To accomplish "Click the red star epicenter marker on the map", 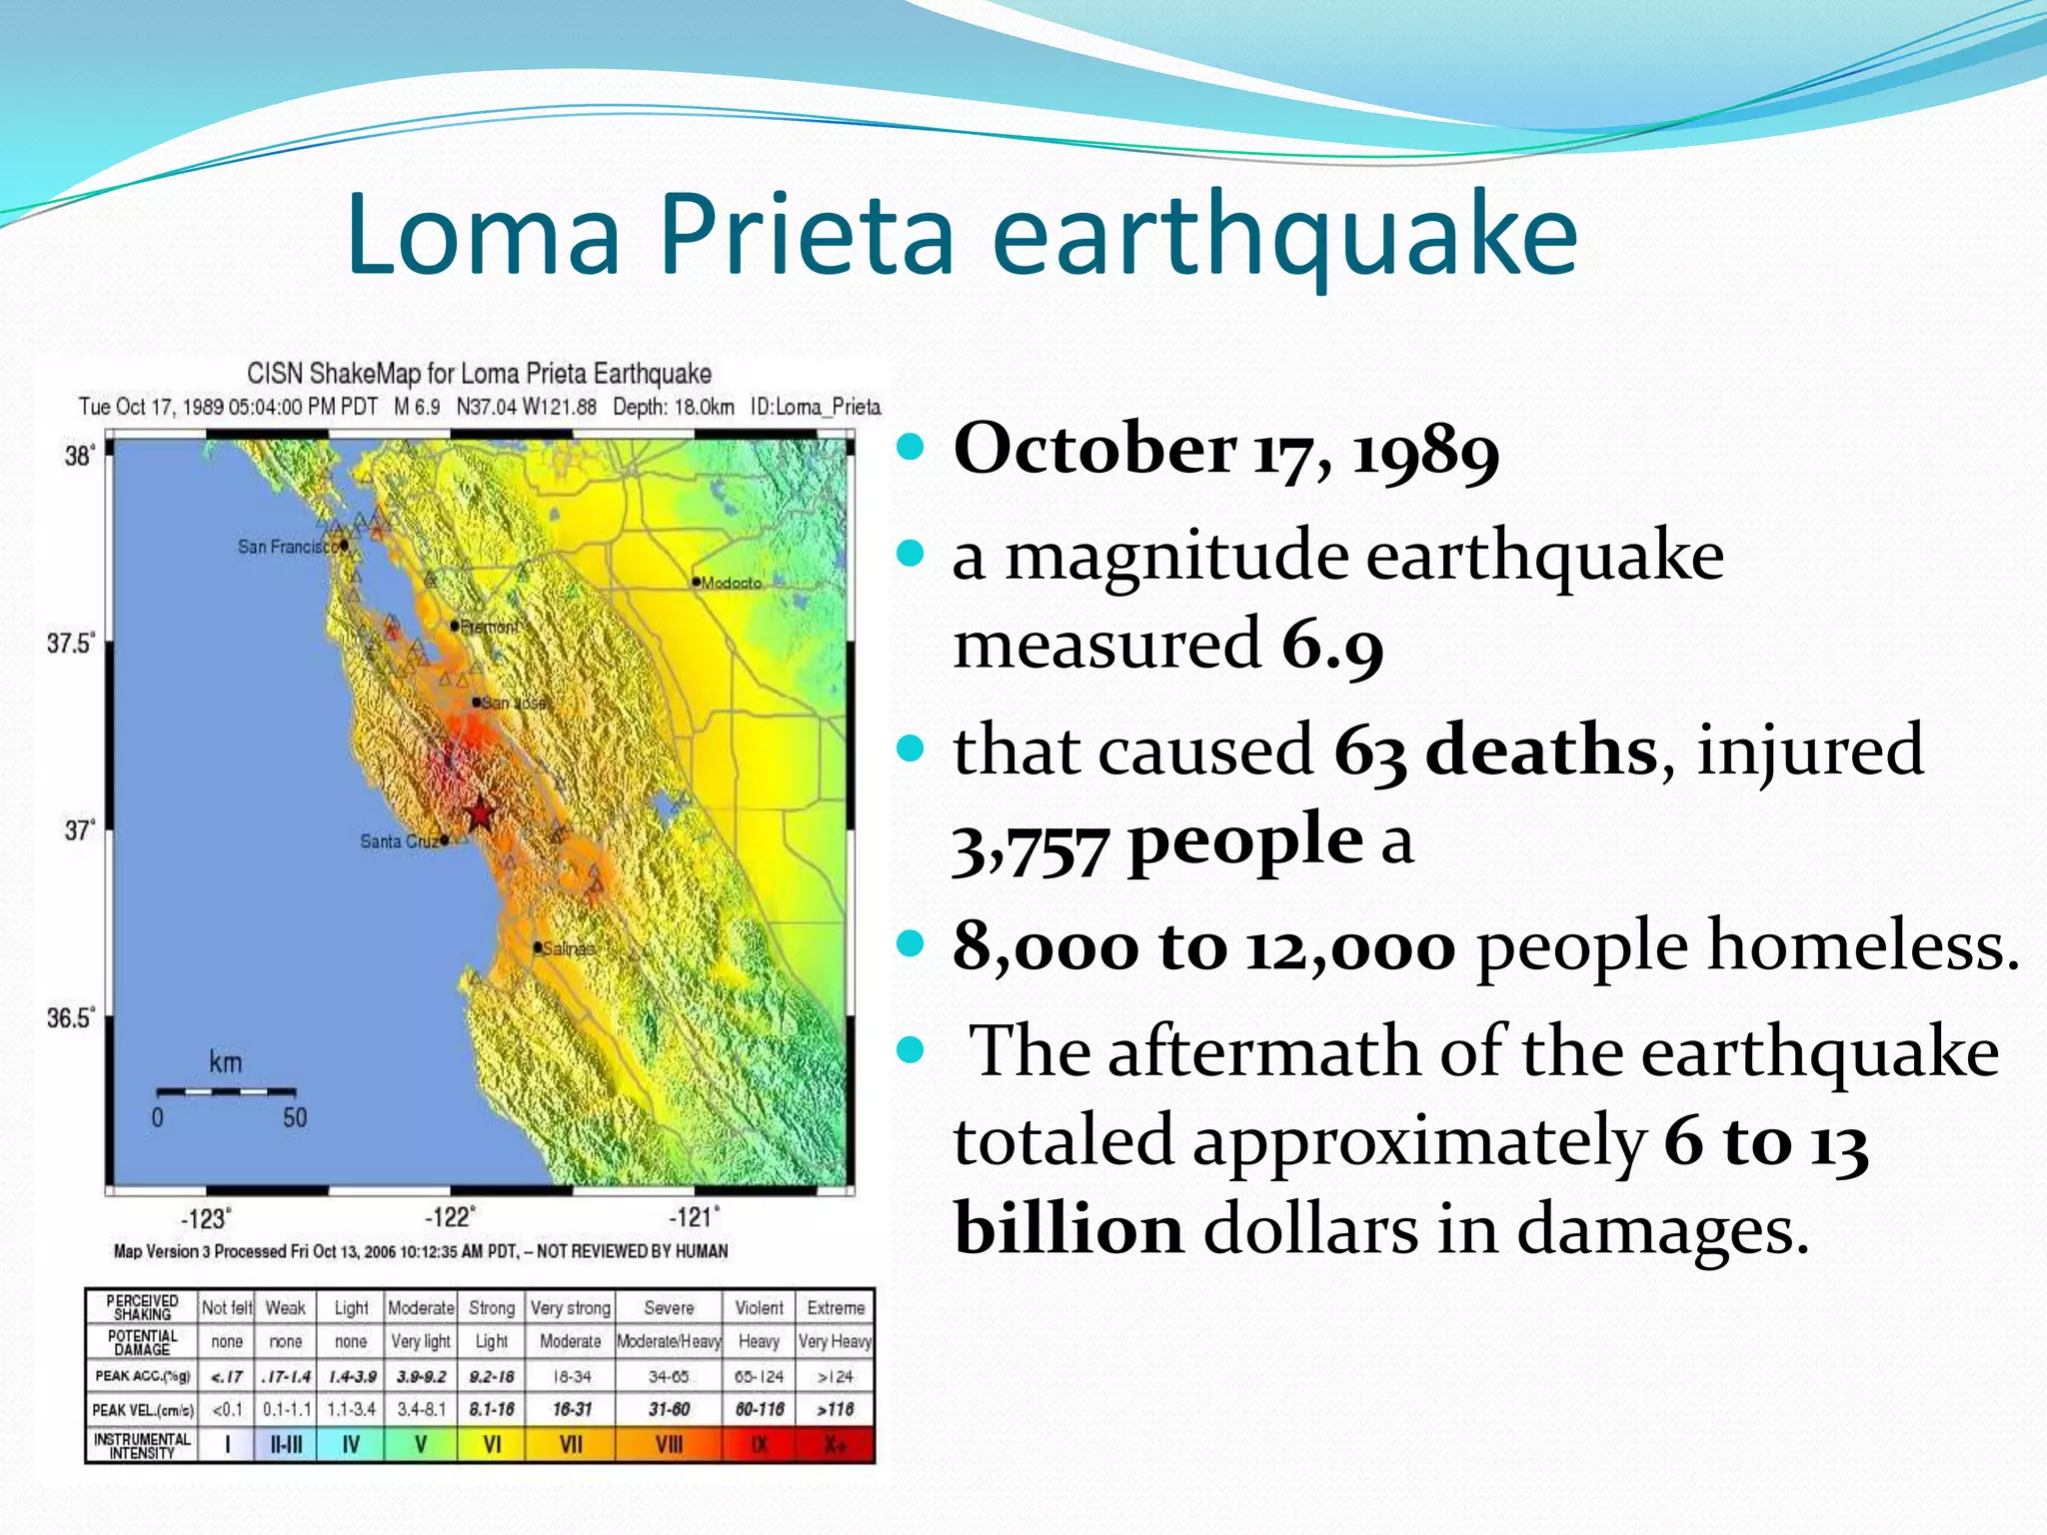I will coord(480,814).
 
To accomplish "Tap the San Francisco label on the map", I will coord(286,547).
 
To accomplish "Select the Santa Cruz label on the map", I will coord(398,841).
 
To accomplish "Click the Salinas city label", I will coord(568,947).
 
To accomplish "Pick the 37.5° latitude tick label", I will coord(70,643).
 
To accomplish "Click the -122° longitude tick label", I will coord(450,1217).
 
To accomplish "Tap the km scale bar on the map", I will coord(226,1091).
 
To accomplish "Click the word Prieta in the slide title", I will coord(806,235).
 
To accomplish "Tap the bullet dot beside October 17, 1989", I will coord(911,447).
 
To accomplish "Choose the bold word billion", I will coord(1068,1227).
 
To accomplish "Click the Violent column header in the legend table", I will coord(759,1307).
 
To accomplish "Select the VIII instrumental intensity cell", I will coord(669,1445).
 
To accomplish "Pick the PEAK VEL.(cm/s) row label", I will coord(142,1410).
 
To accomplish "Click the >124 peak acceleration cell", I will coord(835,1376).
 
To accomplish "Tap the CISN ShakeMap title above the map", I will coord(479,374).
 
